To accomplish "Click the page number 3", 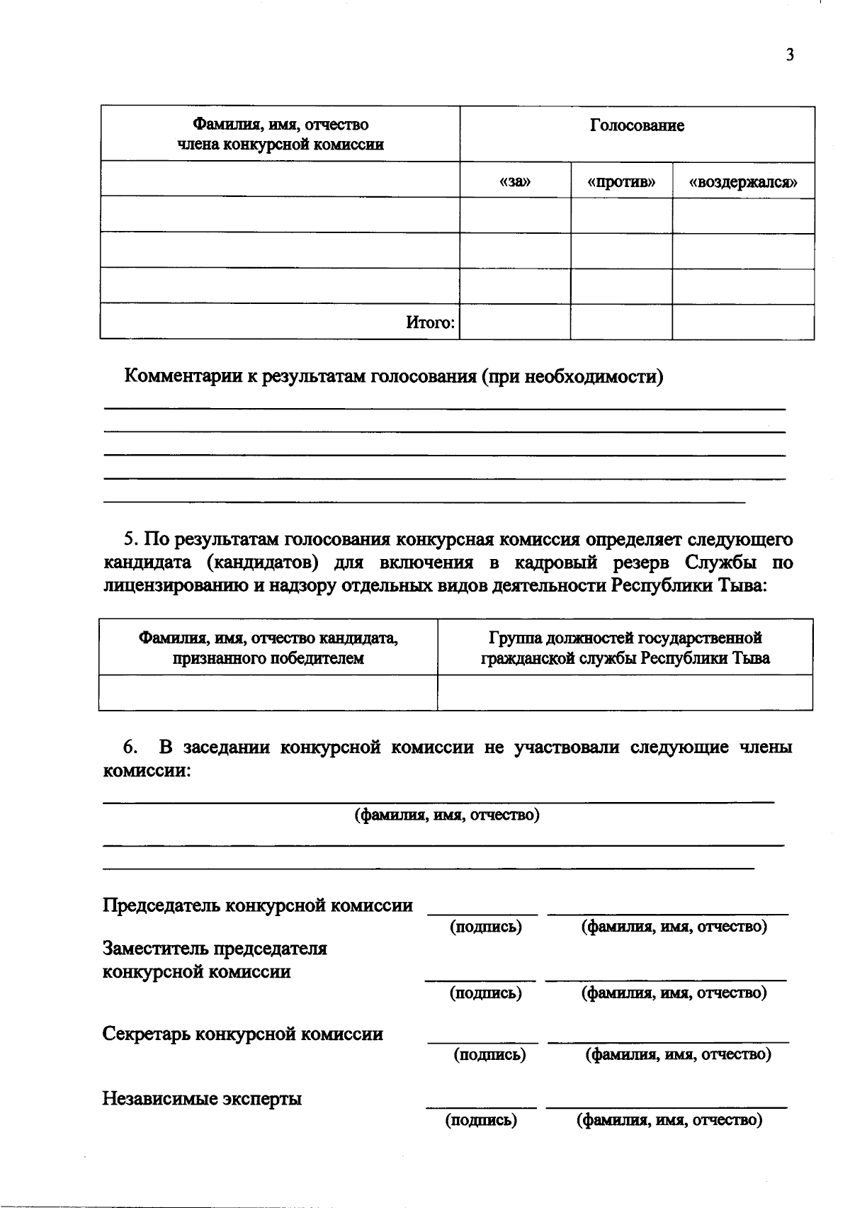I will (x=790, y=55).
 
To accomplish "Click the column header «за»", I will (x=515, y=182).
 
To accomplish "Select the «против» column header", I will (x=621, y=182).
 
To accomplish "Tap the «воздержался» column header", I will (x=743, y=182).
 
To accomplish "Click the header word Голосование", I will (x=637, y=126).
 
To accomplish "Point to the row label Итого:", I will (x=430, y=323).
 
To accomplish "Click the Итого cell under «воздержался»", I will (x=743, y=322).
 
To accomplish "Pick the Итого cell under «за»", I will (x=515, y=322).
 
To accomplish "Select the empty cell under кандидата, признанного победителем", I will (x=268, y=692).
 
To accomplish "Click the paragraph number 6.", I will (x=130, y=747).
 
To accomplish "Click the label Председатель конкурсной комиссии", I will (x=258, y=905).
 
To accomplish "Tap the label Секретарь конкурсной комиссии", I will (x=243, y=1034).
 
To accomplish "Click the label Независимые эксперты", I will (x=202, y=1099).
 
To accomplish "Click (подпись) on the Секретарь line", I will (x=489, y=1054).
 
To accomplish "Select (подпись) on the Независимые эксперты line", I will (x=481, y=1120).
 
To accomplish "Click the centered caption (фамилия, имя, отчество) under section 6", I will (x=447, y=815).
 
